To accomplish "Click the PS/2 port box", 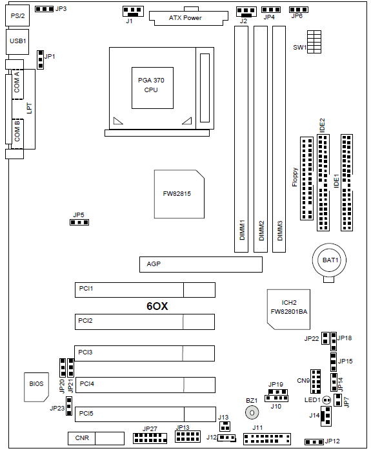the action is click(17, 15).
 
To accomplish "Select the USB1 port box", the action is click(17, 42).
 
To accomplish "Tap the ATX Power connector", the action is click(188, 18).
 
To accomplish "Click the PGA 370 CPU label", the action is click(151, 85).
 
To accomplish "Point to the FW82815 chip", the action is click(179, 194).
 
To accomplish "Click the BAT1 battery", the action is click(329, 260).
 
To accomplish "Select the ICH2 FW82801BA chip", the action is click(288, 309).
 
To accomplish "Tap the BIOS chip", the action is click(36, 387).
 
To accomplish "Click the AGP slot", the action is click(201, 264).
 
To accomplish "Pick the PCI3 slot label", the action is click(85, 352).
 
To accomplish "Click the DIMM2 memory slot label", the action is click(261, 231).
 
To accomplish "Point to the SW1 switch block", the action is click(314, 42).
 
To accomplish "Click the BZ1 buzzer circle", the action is click(252, 412).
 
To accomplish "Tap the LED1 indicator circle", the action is click(326, 400).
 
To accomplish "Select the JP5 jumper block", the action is click(79, 222).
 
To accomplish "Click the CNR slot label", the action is click(82, 438).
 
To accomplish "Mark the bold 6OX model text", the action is click(157, 306).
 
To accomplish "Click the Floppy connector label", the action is click(295, 177).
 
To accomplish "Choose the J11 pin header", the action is click(267, 439).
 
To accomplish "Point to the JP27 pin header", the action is click(150, 438).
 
